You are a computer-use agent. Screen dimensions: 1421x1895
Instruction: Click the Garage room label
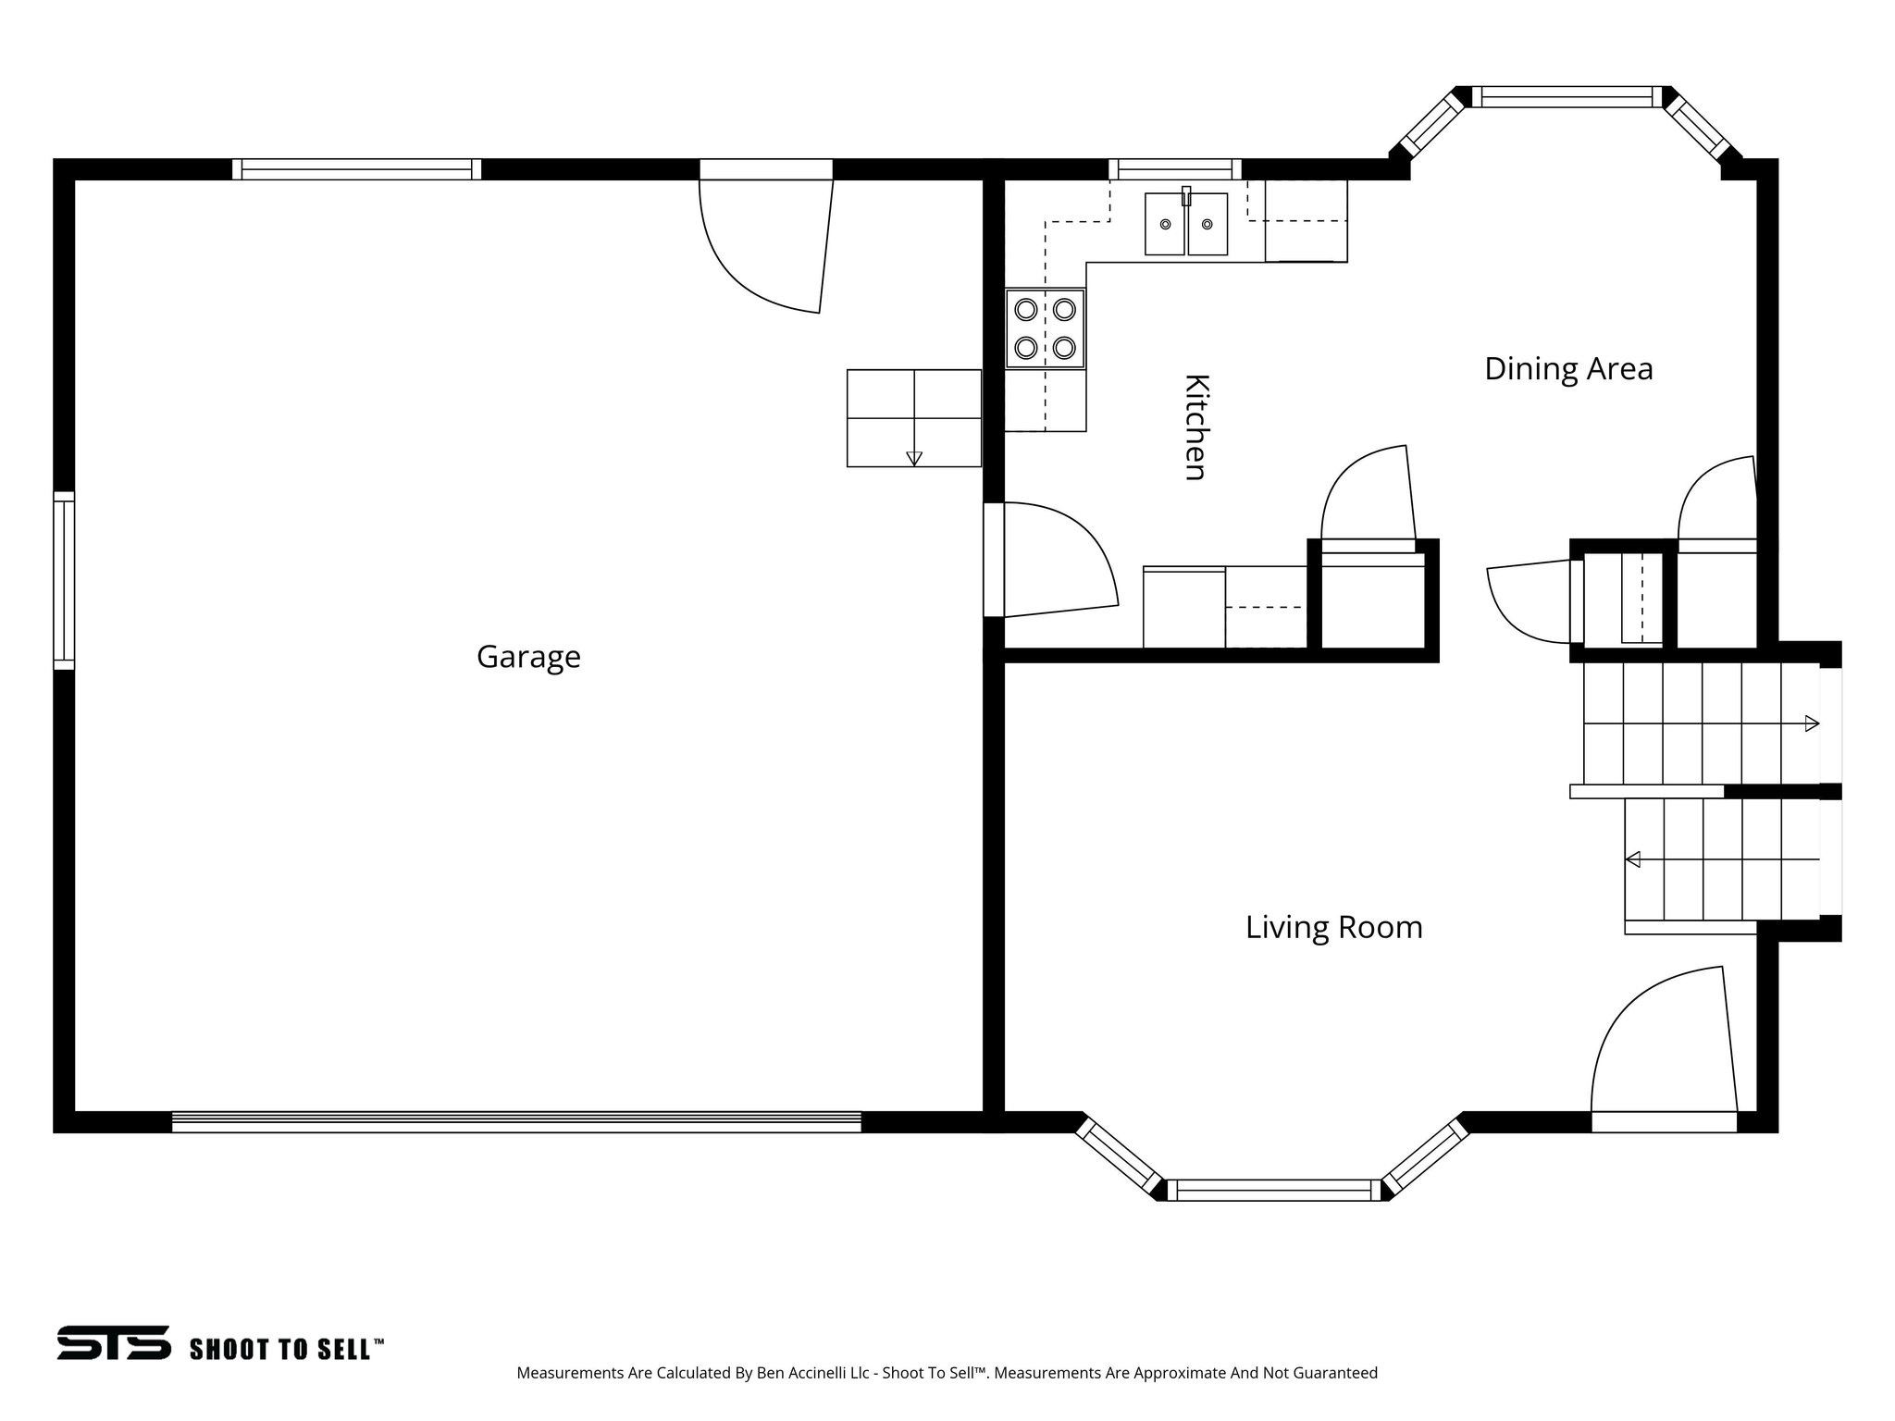click(x=528, y=657)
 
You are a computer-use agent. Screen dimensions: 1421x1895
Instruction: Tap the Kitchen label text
click(x=1196, y=427)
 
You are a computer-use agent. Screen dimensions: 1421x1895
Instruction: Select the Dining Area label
click(x=1568, y=369)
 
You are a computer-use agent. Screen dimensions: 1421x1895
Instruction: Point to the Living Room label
click(x=1333, y=927)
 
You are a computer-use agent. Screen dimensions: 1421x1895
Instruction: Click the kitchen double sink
click(x=1186, y=224)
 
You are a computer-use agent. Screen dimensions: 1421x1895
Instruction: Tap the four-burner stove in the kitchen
click(x=1045, y=328)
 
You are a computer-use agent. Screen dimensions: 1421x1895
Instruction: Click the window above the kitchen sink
click(x=1175, y=169)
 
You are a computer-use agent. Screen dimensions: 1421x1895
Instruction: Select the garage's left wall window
click(x=63, y=580)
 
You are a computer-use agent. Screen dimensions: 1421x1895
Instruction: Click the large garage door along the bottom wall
click(x=516, y=1121)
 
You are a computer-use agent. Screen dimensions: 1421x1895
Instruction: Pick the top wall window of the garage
click(x=356, y=169)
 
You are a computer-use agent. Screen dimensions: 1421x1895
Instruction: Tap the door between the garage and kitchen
click(x=1050, y=560)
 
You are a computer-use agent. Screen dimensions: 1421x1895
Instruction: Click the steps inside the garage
click(x=913, y=418)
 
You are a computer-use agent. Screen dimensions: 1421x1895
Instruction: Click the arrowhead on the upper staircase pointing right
click(x=1812, y=723)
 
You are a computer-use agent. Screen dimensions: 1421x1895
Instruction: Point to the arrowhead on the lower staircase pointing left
click(x=1633, y=859)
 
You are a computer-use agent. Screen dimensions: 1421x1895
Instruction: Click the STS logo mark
click(x=114, y=1342)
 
